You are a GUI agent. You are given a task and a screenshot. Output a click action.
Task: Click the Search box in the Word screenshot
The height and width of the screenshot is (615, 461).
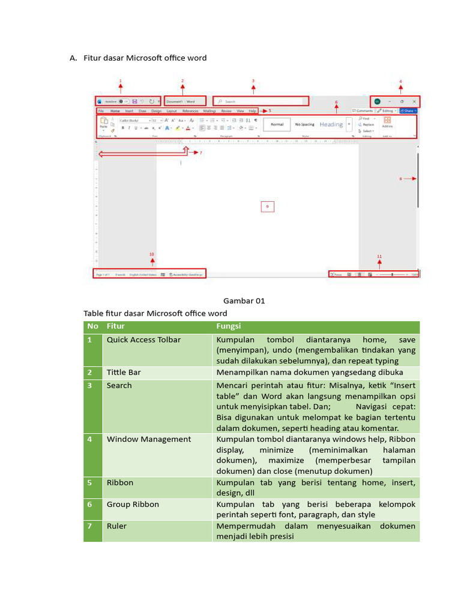(262, 101)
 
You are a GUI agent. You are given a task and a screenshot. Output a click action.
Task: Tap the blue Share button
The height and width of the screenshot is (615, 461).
(408, 111)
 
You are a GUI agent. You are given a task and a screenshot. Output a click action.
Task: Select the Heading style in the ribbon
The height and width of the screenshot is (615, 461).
(331, 124)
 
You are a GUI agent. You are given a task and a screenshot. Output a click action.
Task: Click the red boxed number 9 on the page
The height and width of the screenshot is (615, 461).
(267, 207)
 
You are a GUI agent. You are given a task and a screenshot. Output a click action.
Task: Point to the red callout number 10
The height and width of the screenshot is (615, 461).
(152, 254)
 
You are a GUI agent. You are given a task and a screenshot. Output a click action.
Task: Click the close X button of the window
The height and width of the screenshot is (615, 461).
(414, 101)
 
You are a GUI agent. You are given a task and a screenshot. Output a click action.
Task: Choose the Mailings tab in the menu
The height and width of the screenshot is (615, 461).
(209, 111)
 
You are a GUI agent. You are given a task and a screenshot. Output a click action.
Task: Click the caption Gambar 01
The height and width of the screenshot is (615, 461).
(244, 301)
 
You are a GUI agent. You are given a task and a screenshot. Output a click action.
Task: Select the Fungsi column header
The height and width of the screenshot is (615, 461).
(229, 326)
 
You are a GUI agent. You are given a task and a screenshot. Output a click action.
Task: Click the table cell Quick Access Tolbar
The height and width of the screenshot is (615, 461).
(143, 340)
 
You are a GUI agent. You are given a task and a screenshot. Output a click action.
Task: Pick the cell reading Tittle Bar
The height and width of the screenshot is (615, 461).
(124, 372)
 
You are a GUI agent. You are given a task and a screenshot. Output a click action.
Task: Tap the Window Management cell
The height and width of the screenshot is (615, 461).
(149, 439)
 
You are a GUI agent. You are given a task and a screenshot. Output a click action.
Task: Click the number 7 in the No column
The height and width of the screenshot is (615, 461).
(89, 526)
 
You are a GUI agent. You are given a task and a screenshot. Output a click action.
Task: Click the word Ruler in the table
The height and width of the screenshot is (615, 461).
(116, 526)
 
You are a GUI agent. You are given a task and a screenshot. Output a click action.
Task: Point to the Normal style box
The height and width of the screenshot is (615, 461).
(277, 124)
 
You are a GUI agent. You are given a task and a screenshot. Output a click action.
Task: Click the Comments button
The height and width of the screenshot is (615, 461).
(363, 111)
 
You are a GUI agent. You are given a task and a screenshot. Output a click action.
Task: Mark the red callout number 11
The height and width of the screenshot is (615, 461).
(379, 256)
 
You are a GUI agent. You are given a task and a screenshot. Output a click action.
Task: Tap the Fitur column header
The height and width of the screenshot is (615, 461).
(116, 326)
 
